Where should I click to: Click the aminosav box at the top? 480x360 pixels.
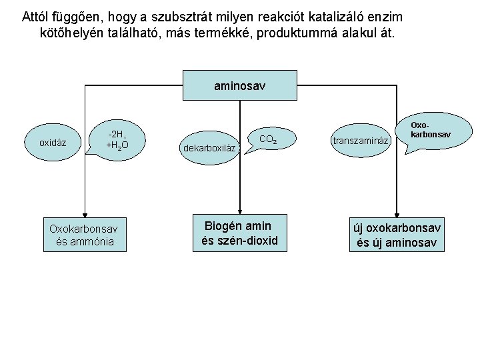point(239,86)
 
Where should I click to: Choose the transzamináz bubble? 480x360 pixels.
point(359,141)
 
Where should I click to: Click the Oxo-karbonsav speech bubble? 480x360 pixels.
point(430,130)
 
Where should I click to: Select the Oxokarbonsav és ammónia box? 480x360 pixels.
point(84,234)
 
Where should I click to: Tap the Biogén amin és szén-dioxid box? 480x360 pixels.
point(239,233)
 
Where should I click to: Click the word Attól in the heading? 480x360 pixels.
point(36,15)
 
